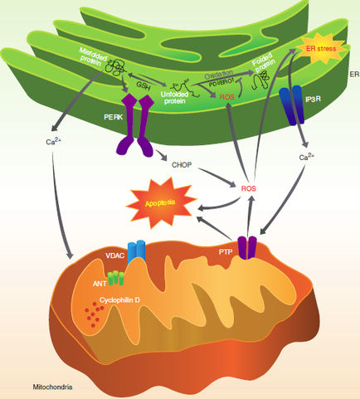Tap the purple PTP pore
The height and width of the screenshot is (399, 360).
pyautogui.click(x=248, y=247)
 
